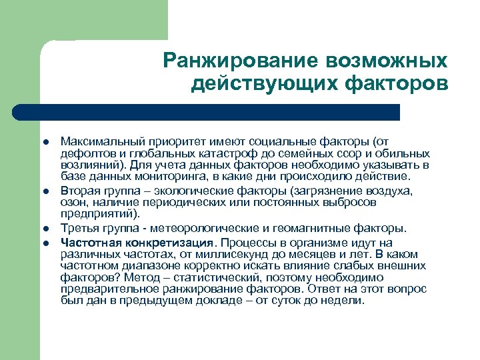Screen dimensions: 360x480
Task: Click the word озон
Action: click(73, 202)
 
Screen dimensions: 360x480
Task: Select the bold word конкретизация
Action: click(166, 242)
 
